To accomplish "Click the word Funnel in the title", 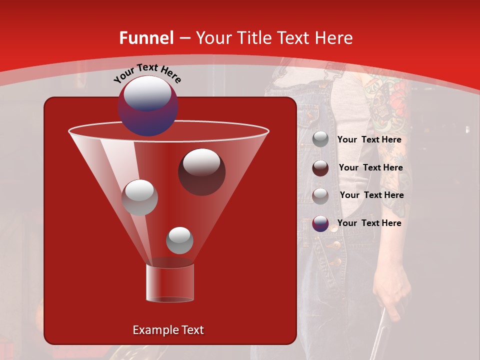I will click(146, 38).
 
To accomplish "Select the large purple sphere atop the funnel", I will click(148, 105).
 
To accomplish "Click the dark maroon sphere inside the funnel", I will click(201, 171).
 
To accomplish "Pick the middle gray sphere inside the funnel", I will click(139, 197).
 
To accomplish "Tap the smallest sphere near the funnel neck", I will click(179, 240).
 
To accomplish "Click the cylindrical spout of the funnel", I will click(169, 283).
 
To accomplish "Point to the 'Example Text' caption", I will click(168, 330).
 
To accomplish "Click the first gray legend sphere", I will click(320, 139).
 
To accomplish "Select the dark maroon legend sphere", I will click(320, 168).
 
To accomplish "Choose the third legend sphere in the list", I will click(320, 195).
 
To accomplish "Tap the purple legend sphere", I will click(320, 223).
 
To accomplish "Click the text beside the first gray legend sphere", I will click(369, 140).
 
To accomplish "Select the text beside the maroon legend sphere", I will click(370, 168).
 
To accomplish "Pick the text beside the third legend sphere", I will click(371, 195).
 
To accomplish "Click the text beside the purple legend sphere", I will click(369, 223).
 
